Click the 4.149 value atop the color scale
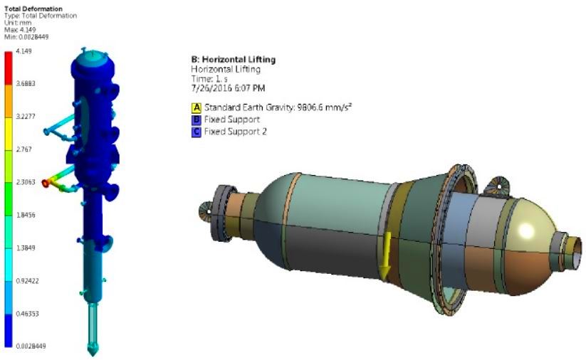24,51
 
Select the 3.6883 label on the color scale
26,83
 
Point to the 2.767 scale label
24,149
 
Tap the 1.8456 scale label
26,215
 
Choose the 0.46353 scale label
27,314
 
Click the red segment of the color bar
9,68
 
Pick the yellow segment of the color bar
9,134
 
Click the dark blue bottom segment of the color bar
9,331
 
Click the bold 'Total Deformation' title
33,9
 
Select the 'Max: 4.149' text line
20,30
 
